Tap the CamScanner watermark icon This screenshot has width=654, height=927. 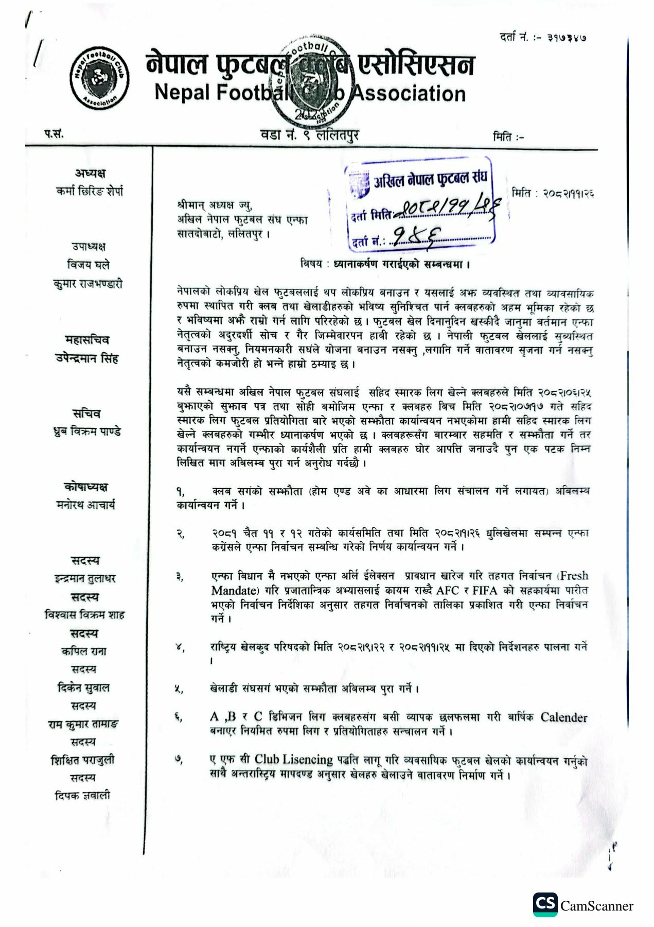pos(545,904)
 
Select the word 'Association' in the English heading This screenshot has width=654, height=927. pos(410,94)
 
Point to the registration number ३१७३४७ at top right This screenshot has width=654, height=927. pos(567,38)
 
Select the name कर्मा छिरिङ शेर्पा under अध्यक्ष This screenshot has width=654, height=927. pos(90,192)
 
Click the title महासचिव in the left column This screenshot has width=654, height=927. pos(87,340)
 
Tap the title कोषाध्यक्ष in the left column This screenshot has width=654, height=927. pos(86,487)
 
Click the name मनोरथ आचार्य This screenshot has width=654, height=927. pos(86,505)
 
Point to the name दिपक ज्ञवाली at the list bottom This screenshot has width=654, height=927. pos(83,796)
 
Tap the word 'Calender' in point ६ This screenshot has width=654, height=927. pos(563,717)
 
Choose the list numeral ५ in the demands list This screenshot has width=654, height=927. pos(179,690)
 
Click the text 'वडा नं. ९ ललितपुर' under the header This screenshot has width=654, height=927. pos(310,135)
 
